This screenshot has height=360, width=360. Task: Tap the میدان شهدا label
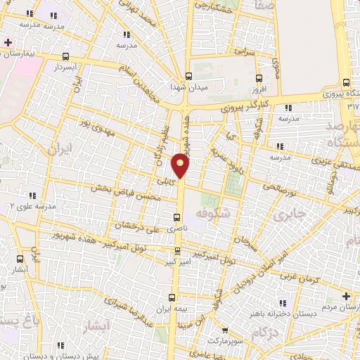[x=186, y=86]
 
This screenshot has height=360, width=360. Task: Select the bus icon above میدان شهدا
[x=188, y=76]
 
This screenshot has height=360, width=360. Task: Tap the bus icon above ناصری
[x=177, y=217]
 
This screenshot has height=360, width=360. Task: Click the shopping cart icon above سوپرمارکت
[x=224, y=330]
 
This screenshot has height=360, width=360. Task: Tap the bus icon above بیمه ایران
[x=173, y=298]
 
